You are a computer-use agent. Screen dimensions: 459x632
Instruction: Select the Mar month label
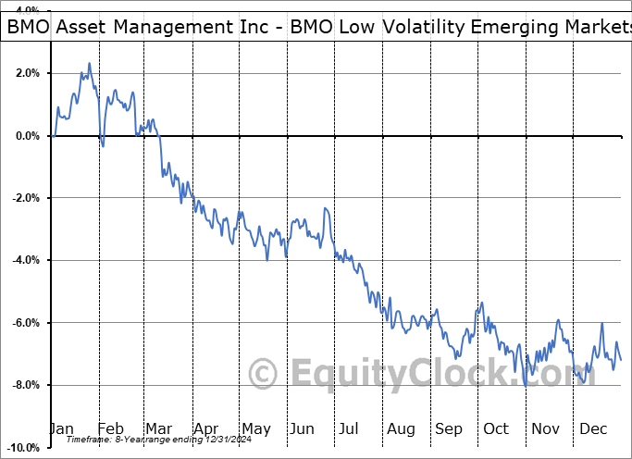(x=157, y=428)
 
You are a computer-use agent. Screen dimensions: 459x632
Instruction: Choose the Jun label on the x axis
(x=303, y=428)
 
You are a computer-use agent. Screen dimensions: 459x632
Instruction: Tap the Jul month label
(x=350, y=428)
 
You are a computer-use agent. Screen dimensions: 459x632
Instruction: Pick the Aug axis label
(x=402, y=428)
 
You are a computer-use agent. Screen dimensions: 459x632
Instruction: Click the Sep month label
(x=449, y=428)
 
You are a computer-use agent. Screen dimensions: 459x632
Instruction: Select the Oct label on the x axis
(x=496, y=428)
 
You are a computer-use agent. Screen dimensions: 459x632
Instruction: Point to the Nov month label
(x=546, y=428)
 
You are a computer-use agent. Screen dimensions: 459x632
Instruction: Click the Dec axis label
(x=594, y=428)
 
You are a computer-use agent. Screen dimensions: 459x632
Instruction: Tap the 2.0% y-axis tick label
(x=28, y=73)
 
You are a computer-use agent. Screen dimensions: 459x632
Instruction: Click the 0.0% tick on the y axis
(x=28, y=136)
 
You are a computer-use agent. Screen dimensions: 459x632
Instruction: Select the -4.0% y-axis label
(x=26, y=260)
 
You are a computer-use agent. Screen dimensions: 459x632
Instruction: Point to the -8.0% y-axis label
(x=26, y=385)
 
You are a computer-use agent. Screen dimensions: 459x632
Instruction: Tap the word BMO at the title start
(x=30, y=27)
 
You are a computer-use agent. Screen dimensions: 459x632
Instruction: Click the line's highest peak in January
(x=89, y=63)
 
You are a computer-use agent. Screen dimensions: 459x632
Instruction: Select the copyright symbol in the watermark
(x=265, y=375)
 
